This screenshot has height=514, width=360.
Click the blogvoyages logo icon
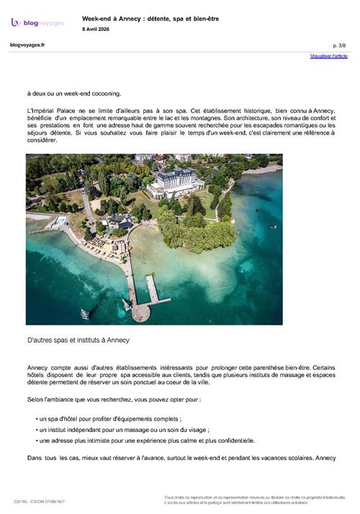coord(16,22)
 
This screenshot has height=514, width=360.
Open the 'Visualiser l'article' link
coord(328,55)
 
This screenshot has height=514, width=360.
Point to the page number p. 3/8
coord(340,45)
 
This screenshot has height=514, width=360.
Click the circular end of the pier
coord(141,312)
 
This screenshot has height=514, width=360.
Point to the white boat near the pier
coord(84,314)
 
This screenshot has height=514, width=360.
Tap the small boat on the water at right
coord(273,227)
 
